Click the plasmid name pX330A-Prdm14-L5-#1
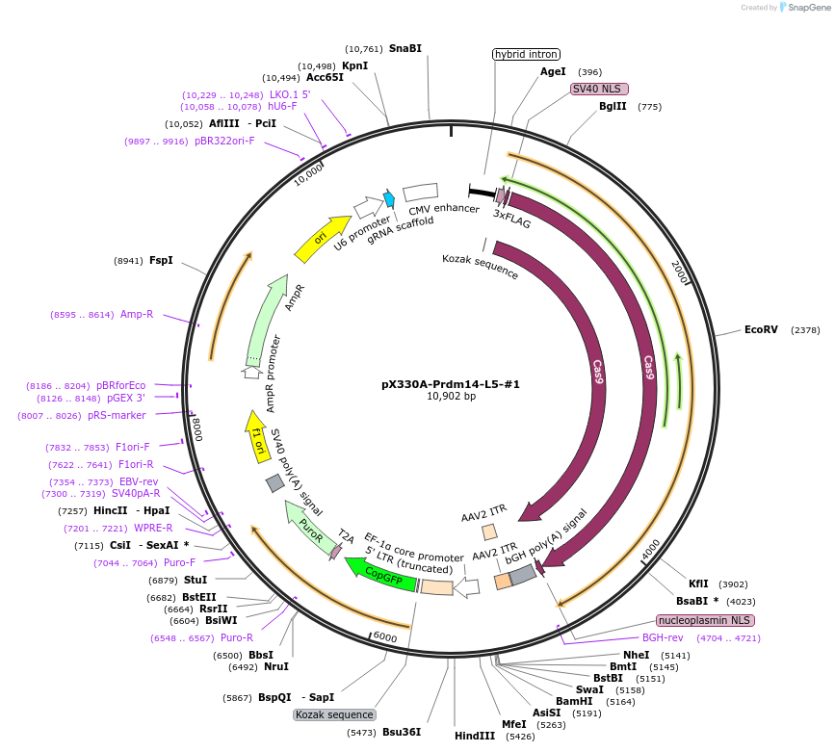pos(451,383)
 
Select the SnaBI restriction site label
pos(404,48)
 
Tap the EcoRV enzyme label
pos(760,329)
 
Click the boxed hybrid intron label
pos(526,54)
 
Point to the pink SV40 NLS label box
pos(598,89)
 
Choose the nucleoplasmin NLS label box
pos(705,620)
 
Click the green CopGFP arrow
pos(382,575)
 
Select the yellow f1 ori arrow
pos(256,434)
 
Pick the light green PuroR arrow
pos(308,525)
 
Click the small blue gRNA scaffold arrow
pos(390,198)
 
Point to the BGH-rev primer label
pos(663,637)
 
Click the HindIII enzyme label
pos(475,736)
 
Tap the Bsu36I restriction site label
pos(402,732)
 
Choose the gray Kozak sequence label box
pos(334,714)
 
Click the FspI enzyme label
pos(161,260)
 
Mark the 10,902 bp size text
pos(451,396)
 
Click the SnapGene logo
pos(806,8)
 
